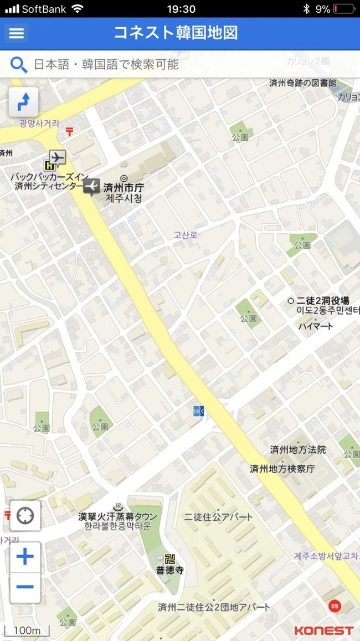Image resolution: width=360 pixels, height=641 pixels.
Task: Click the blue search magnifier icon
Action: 19,65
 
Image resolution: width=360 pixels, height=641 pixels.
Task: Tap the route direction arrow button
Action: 23,102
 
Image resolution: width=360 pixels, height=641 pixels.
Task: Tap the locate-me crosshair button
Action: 25,516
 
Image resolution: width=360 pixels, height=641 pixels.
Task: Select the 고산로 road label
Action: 186,235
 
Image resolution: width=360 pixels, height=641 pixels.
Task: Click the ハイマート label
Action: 316,326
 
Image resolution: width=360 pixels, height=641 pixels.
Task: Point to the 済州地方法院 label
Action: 298,449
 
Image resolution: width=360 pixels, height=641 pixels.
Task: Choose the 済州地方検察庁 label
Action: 282,469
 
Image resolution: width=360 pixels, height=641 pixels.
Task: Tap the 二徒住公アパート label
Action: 218,517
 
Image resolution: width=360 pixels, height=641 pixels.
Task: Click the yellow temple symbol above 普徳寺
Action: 169,558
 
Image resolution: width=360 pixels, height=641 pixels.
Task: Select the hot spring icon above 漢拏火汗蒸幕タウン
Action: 117,506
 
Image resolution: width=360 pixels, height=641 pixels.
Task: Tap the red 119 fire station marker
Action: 335,606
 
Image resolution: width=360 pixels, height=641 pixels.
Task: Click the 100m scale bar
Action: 27,631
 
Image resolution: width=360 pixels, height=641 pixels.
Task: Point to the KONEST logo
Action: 323,630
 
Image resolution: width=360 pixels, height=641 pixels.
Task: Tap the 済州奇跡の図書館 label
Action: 302,83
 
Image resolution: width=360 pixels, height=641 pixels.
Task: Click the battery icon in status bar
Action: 344,9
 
